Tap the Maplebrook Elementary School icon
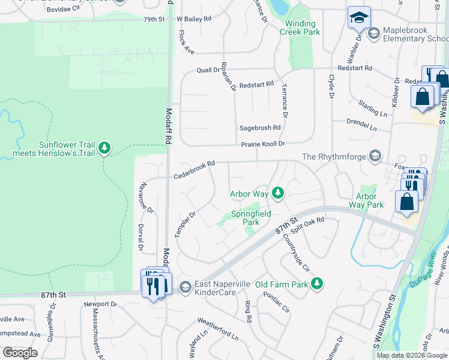tap(373, 34)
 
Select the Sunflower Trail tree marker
tap(105, 148)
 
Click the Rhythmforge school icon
tap(375, 157)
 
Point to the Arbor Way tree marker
tap(277, 193)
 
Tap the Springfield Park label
tap(251, 218)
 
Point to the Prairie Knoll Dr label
tap(262, 145)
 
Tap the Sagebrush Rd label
tap(260, 128)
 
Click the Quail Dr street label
tap(208, 70)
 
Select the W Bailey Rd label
tap(195, 19)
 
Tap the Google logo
tap(20, 353)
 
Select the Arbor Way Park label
tap(366, 201)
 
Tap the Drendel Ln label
tap(362, 125)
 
